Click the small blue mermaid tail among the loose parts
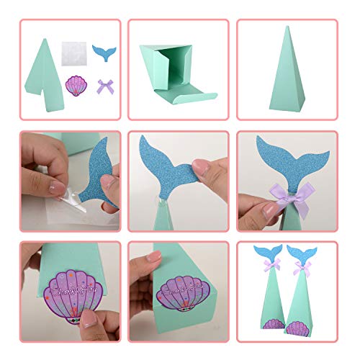(x=104, y=53)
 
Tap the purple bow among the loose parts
(x=105, y=88)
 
